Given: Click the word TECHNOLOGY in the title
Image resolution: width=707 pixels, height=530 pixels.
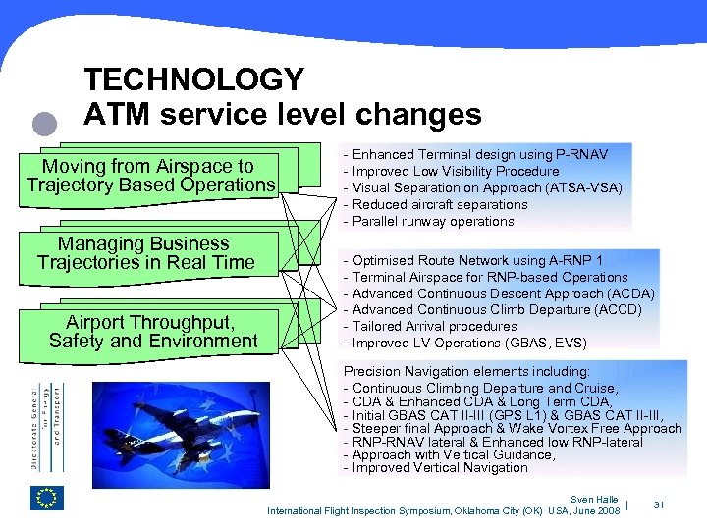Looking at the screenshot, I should [194, 79].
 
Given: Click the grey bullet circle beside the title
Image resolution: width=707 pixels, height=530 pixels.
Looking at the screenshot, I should [45, 125].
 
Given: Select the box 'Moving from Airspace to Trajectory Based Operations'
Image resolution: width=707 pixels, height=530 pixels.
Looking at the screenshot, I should [148, 176].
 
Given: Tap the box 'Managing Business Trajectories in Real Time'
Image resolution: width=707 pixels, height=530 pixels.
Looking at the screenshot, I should [144, 253].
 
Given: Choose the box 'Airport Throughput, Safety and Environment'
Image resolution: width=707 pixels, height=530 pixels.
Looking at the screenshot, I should [152, 332].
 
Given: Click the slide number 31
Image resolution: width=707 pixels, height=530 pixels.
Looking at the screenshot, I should [659, 505].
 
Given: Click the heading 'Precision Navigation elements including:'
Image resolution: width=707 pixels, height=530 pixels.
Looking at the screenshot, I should [466, 372].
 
